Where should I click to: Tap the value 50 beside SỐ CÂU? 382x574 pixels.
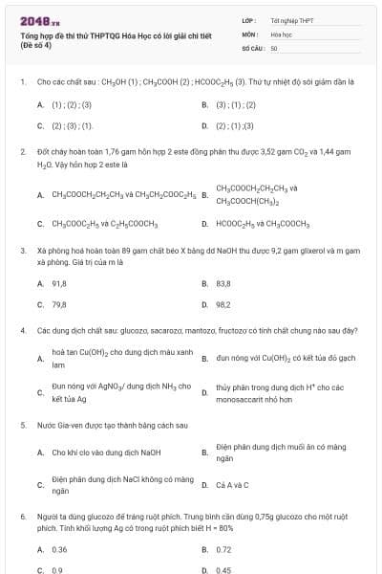pos(274,47)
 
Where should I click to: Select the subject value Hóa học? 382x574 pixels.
pos(281,33)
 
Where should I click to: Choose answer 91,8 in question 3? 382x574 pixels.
pos(58,283)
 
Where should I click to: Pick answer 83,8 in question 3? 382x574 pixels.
pos(223,283)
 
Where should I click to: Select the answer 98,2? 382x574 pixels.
pos(223,304)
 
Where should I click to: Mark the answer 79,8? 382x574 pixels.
pos(58,304)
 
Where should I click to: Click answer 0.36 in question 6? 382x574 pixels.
pos(59,549)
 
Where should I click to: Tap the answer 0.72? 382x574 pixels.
pos(223,549)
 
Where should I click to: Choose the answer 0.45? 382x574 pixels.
pos(223,570)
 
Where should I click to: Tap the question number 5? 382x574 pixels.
pos(22,424)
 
